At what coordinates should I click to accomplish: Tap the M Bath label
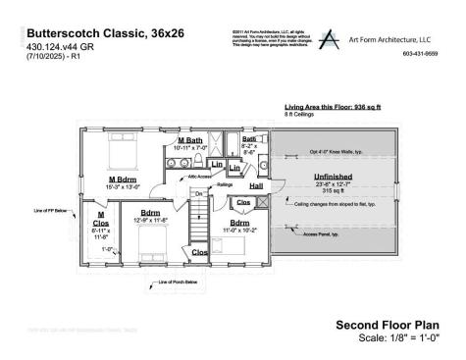coord(189,141)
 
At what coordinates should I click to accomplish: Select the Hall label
coord(256,185)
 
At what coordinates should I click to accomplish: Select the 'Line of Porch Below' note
coord(177,283)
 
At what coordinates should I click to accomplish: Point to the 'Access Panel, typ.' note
coord(322,234)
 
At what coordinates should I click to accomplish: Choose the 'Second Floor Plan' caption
coord(388,325)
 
